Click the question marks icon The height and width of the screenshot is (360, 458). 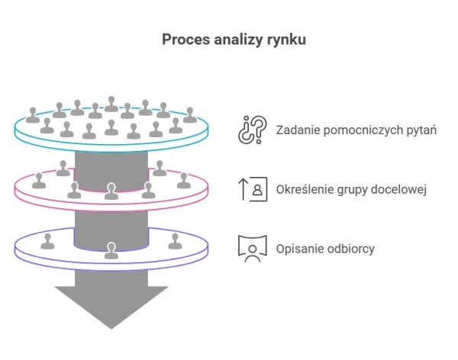click(x=253, y=129)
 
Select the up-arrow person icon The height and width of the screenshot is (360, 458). click(x=253, y=188)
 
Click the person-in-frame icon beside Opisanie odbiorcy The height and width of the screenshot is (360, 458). click(x=253, y=248)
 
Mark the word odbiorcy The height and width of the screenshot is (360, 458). click(x=353, y=248)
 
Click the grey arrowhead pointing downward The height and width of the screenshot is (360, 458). click(x=111, y=305)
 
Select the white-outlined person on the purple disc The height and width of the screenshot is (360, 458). click(x=111, y=249)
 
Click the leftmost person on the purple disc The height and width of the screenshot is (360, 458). click(x=49, y=241)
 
